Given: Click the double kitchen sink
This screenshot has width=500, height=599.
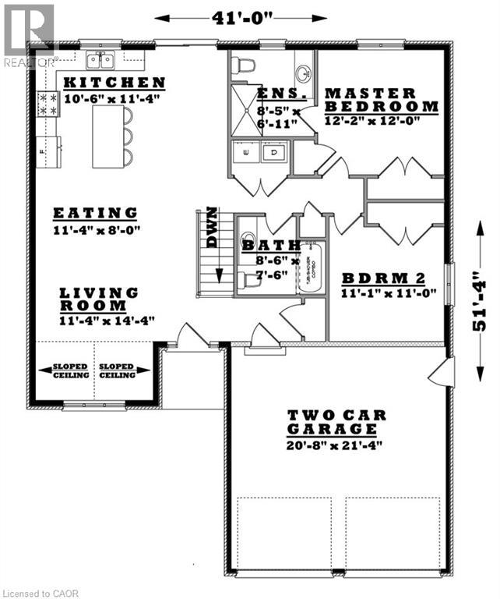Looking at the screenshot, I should pos(101,60).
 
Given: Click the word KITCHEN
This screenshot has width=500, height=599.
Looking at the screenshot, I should pos(114,83).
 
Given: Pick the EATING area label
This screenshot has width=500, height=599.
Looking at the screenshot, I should pos(95,213).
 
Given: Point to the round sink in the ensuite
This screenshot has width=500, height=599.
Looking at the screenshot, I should pos(302,74).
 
